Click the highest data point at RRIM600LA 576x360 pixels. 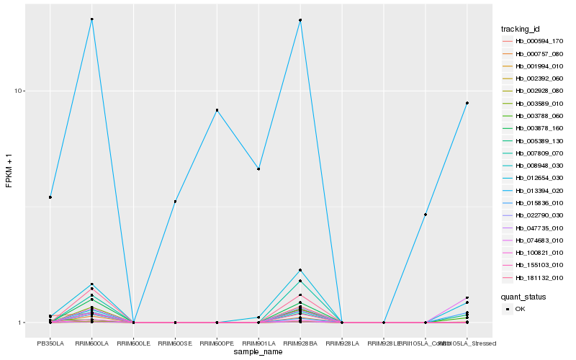pos(92,19)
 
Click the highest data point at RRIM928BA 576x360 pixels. pos(300,20)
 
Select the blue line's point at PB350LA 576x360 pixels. pos(50,197)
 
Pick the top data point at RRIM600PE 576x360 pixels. pos(217,110)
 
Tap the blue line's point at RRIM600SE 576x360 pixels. pos(175,202)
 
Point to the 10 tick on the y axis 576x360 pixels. pos(20,91)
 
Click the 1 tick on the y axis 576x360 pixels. pos(22,323)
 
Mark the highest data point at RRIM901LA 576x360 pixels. pos(258,169)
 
